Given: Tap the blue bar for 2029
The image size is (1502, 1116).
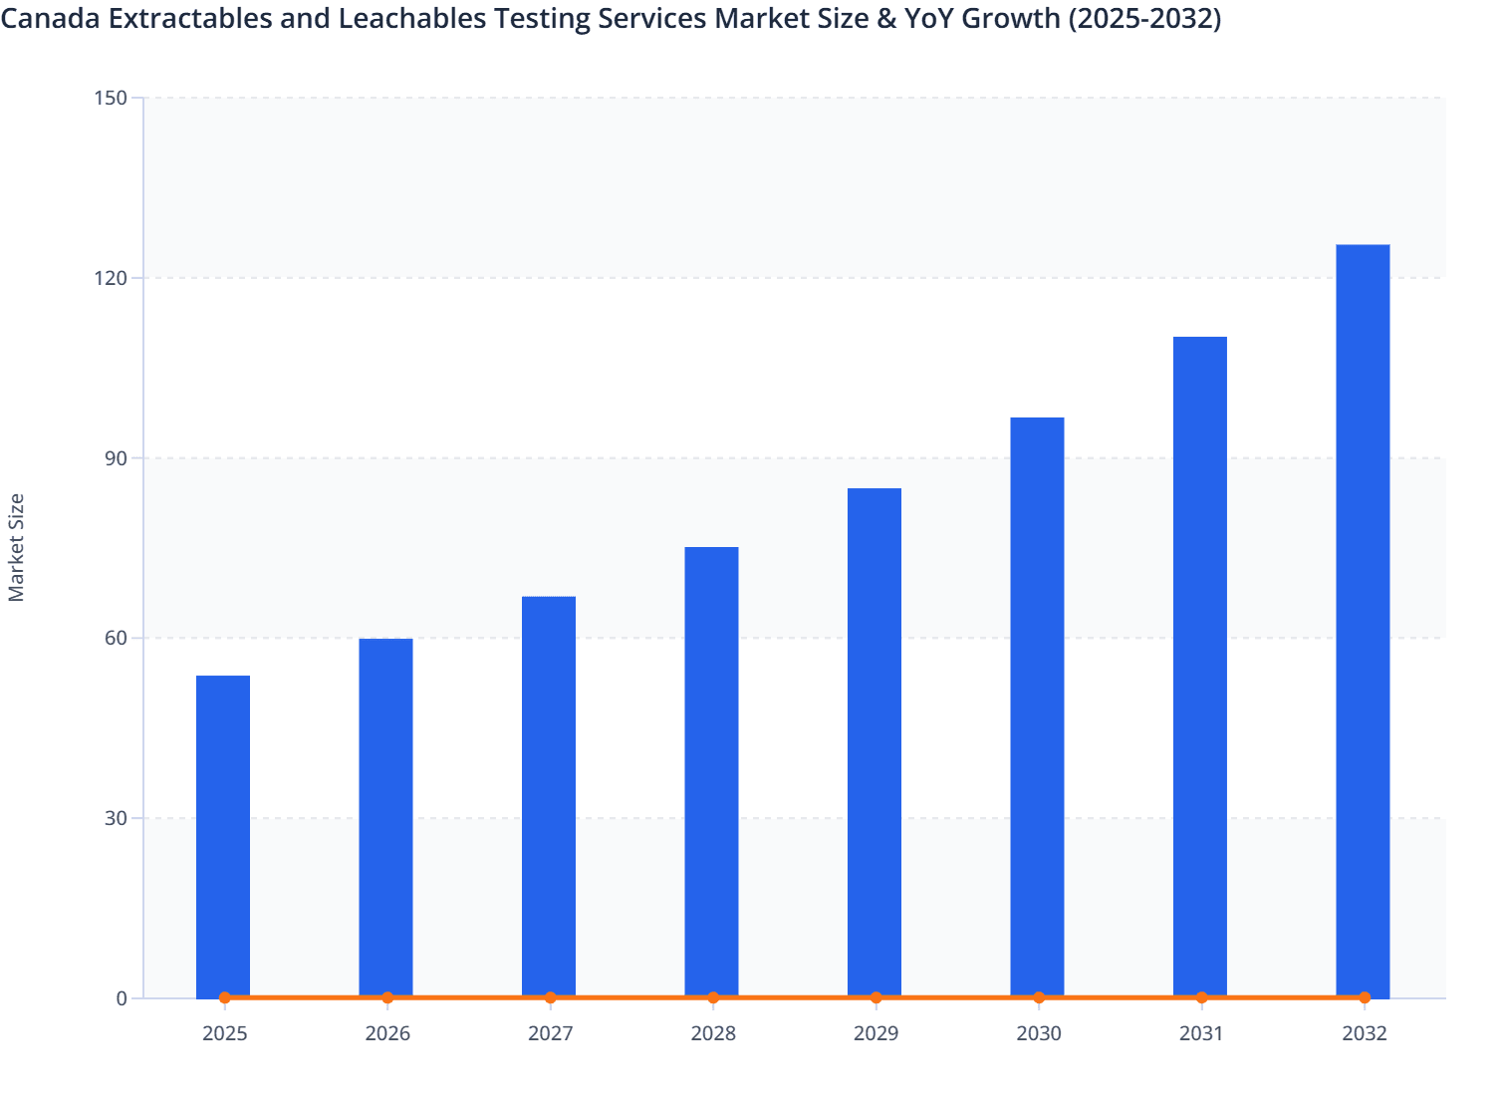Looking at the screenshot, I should (875, 741).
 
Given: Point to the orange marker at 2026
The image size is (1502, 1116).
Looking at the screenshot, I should (387, 997).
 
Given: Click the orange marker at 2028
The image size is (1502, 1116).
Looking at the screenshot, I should (713, 997).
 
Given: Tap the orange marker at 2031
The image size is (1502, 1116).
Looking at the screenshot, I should (1201, 997).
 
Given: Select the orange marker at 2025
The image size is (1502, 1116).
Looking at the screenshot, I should (225, 997).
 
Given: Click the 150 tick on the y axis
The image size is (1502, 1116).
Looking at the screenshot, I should (111, 98).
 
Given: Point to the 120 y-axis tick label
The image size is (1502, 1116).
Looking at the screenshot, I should (111, 278).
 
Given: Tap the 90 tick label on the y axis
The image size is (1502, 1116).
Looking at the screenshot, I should (115, 458).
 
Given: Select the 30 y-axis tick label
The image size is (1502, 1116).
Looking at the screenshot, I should (115, 818).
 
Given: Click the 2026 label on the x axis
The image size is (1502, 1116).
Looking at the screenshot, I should (387, 1033).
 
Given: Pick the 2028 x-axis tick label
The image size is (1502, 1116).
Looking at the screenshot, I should (713, 1033).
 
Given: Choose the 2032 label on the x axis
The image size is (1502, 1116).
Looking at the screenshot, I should (1365, 1033).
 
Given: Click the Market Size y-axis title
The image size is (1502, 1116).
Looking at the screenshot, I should (16, 547).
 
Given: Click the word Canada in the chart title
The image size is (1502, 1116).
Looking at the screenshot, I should (50, 18).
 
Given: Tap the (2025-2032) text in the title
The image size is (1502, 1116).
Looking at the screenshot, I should (1144, 18).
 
